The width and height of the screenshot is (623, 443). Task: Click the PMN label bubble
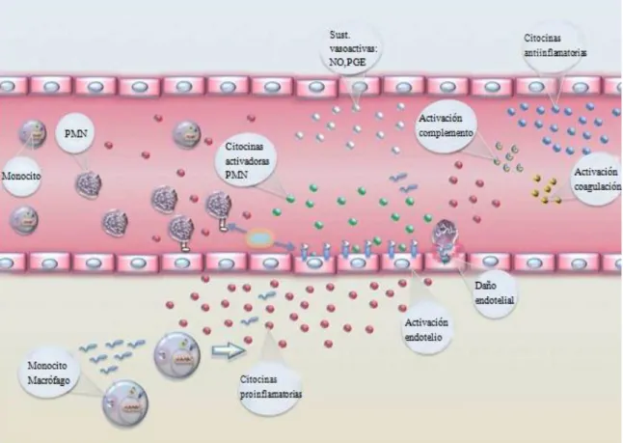click(76, 133)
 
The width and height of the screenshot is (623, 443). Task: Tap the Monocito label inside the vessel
click(21, 176)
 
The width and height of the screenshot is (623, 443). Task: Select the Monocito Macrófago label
click(48, 373)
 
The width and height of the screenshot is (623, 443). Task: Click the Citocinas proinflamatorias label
click(271, 386)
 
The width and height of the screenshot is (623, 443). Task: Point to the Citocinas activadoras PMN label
click(247, 160)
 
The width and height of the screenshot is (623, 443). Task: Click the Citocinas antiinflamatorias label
click(555, 45)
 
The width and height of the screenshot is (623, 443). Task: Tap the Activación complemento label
click(446, 125)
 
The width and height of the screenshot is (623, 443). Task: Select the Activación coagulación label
click(597, 179)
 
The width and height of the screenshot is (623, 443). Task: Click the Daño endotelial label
click(495, 292)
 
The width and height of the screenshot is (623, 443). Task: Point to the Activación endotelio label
click(426, 330)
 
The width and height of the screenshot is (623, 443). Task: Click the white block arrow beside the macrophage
click(229, 350)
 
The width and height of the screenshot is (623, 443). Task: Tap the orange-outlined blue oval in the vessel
click(259, 238)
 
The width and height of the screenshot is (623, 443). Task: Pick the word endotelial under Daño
click(495, 300)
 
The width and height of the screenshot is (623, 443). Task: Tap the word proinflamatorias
click(271, 394)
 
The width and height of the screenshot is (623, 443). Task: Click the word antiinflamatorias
click(555, 52)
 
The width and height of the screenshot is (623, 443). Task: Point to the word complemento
click(446, 133)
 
